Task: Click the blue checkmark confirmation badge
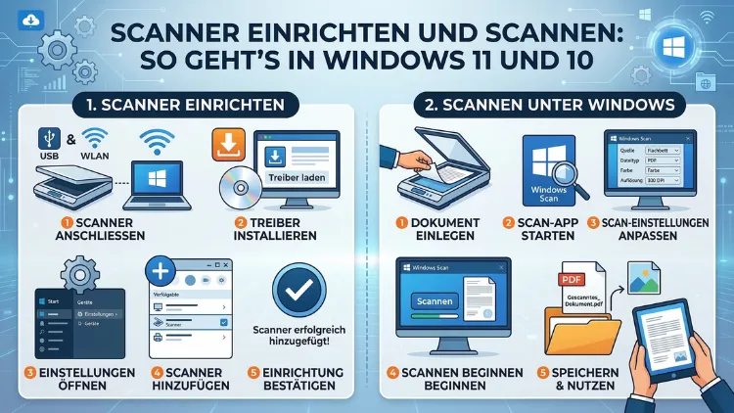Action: (x=301, y=289)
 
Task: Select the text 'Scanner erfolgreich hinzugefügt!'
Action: (x=302, y=335)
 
